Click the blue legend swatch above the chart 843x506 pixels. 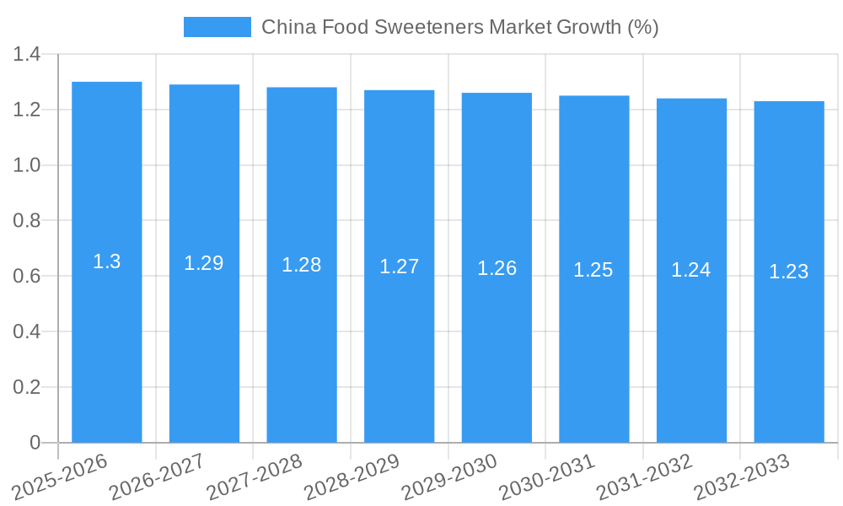(217, 27)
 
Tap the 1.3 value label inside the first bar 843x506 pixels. (107, 261)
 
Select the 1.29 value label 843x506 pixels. (204, 263)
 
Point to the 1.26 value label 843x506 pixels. (497, 268)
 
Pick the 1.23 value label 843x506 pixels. (789, 272)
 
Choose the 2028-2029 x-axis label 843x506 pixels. (352, 475)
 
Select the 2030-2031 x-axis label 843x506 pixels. (547, 475)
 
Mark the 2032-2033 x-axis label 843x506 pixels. (742, 475)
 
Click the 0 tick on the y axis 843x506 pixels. (35, 443)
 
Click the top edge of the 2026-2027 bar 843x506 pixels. (204, 85)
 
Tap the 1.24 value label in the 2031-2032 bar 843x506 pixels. (691, 270)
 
